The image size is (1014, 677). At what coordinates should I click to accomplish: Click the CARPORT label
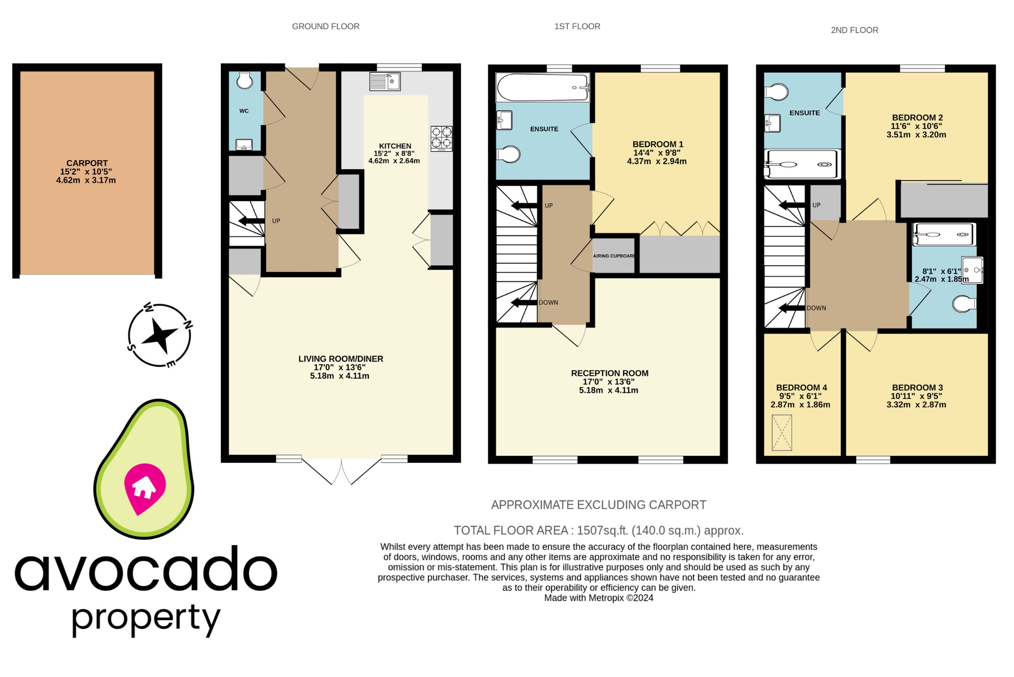pyautogui.click(x=87, y=163)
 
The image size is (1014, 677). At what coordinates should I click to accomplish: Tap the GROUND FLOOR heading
pyautogui.click(x=325, y=26)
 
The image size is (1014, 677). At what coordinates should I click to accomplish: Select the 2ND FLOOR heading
pyautogui.click(x=854, y=30)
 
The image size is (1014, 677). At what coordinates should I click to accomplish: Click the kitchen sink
pyautogui.click(x=385, y=82)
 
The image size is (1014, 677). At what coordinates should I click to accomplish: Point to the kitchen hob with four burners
pyautogui.click(x=441, y=138)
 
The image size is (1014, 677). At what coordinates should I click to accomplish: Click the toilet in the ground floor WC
pyautogui.click(x=245, y=81)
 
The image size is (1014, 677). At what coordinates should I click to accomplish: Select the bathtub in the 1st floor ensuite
pyautogui.click(x=543, y=87)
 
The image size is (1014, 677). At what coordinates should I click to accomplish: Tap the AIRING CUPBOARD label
pyautogui.click(x=614, y=256)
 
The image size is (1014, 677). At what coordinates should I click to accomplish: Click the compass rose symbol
pyautogui.click(x=159, y=335)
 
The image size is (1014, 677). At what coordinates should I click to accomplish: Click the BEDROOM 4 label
pyautogui.click(x=801, y=388)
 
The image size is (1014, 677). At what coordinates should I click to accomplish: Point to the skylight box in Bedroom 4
pyautogui.click(x=782, y=433)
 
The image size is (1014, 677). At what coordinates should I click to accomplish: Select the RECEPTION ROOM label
pyautogui.click(x=609, y=373)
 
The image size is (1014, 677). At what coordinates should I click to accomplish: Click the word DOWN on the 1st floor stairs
pyautogui.click(x=548, y=302)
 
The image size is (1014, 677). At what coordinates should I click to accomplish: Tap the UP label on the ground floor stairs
pyautogui.click(x=276, y=221)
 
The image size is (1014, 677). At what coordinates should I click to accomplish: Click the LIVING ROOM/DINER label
pyautogui.click(x=341, y=359)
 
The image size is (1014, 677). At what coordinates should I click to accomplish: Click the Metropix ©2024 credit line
pyautogui.click(x=598, y=598)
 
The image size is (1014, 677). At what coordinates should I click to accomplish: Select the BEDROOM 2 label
pyautogui.click(x=917, y=117)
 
